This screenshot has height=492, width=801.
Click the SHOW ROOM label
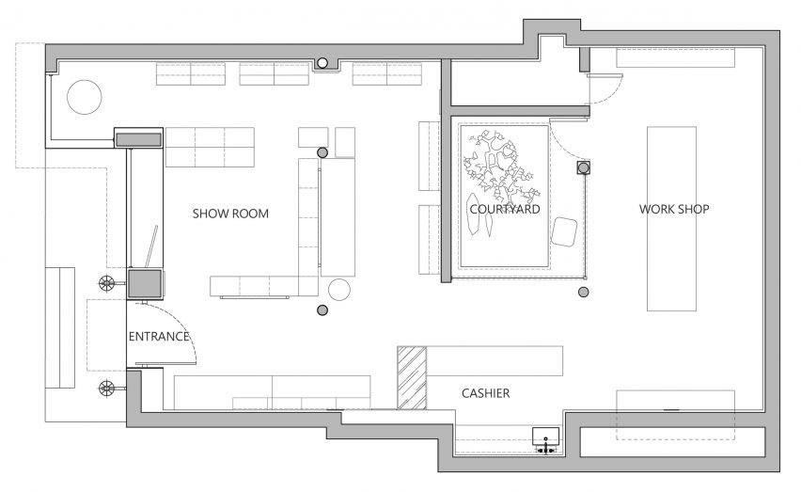pos(230,214)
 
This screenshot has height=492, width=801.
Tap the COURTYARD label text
pos(505,209)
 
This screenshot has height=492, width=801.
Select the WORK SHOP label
pos(674,209)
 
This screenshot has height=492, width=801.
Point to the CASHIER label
pos(485,393)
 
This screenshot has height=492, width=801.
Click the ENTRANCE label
pos(159,337)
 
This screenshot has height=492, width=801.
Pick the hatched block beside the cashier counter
pos(412,377)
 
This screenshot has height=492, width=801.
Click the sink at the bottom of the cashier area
pos(546,440)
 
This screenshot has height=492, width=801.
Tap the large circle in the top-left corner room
pos(85,97)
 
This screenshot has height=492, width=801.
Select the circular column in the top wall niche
pos(322,63)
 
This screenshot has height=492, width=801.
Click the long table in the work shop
pos(672,218)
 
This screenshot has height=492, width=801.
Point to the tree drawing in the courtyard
pos(498,167)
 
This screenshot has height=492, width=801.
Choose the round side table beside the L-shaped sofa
pos(339,290)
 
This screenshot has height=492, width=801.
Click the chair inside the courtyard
pos(564,231)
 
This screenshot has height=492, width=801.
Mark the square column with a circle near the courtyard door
pos(584,167)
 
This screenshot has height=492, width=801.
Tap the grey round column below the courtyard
pos(584,293)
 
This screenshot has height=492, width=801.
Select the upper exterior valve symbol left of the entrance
pos(107,283)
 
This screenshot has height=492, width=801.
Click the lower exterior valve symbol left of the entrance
pos(107,389)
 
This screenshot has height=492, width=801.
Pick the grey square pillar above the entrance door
pos(145,283)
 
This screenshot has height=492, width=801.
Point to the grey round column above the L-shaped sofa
pos(322,152)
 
